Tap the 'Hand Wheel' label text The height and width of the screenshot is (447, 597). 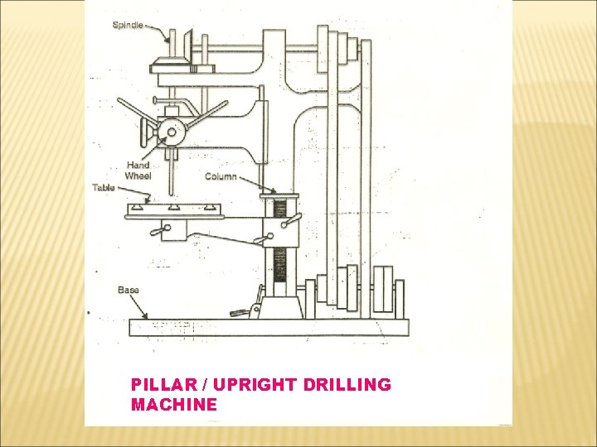138,171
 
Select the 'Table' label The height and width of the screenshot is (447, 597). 104,188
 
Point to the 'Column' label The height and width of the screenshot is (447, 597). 221,176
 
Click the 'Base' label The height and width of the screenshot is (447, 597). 128,290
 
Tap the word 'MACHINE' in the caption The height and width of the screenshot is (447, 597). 174,405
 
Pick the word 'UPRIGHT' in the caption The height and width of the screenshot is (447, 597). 246,385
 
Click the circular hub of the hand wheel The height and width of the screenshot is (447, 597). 172,131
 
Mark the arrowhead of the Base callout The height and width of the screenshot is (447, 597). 148,318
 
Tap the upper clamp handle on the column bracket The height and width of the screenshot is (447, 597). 289,221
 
